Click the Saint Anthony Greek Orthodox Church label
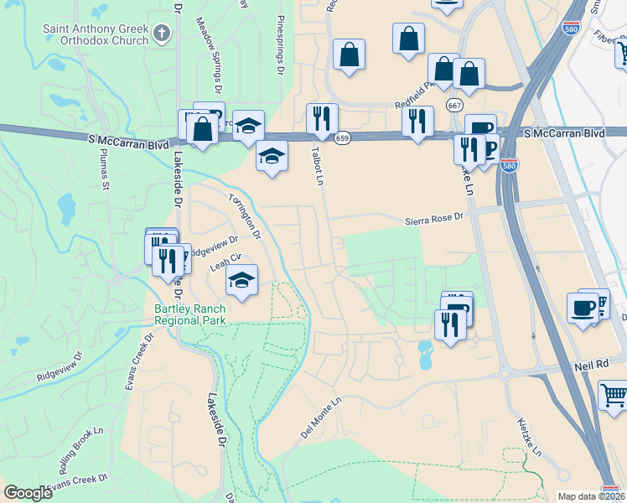click(x=95, y=34)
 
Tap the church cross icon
click(x=162, y=34)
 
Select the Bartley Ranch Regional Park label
click(x=189, y=314)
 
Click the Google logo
click(x=28, y=493)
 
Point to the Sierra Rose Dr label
click(x=433, y=217)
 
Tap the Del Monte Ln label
click(x=323, y=417)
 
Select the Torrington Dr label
click(x=245, y=215)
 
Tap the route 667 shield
click(x=454, y=106)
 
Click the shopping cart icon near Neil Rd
click(x=614, y=393)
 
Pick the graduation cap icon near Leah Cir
click(x=241, y=279)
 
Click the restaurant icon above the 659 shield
click(x=322, y=118)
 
